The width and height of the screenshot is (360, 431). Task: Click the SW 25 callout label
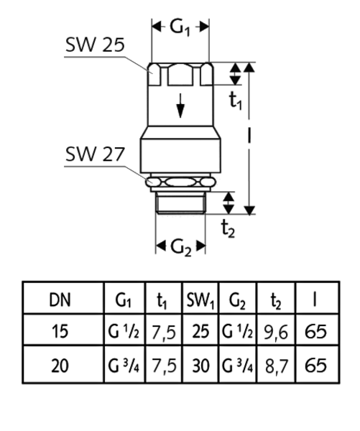95,45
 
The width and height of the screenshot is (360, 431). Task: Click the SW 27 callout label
95,154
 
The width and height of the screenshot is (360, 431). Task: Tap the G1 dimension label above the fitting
180,28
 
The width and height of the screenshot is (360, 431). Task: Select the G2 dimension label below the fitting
181,247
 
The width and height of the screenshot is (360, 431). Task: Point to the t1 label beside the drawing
236,100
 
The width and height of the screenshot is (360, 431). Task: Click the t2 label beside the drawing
228,228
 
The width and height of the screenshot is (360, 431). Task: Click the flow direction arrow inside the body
180,106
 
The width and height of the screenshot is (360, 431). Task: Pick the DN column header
60,300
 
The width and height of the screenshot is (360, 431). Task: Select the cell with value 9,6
276,333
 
